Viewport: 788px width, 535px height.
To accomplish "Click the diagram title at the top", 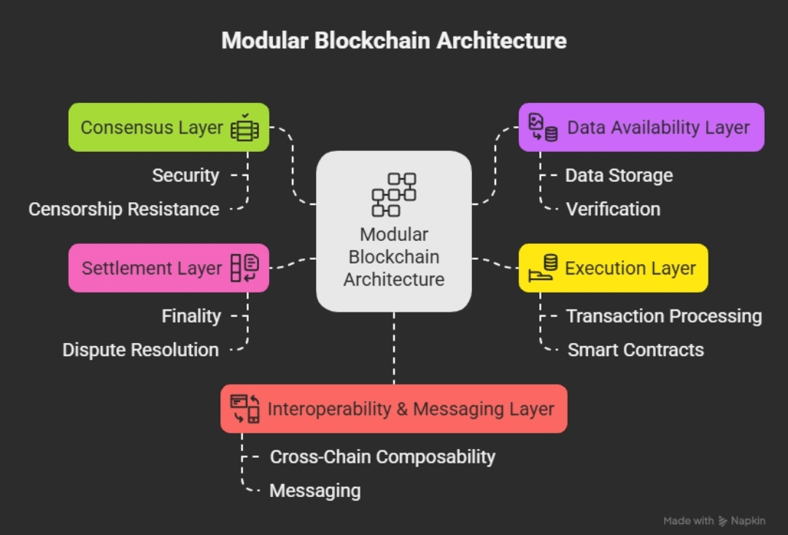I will click(x=394, y=40).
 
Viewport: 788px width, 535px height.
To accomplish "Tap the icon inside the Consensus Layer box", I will click(x=244, y=128).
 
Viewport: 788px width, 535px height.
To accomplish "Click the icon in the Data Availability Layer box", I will click(x=543, y=128).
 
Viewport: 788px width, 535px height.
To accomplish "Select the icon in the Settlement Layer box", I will click(x=244, y=268).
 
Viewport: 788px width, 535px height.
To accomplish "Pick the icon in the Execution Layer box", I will click(x=543, y=268).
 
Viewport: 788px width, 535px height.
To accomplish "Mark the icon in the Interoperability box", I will click(x=245, y=409).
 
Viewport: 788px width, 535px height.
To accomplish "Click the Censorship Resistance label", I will click(x=124, y=209).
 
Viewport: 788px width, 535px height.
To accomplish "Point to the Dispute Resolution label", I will click(x=141, y=350).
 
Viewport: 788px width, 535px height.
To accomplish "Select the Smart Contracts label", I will click(x=636, y=350).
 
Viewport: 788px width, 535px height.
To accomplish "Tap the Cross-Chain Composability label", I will click(x=382, y=457).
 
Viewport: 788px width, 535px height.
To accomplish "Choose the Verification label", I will click(x=613, y=209).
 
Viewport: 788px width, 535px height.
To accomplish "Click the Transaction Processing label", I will click(x=664, y=316).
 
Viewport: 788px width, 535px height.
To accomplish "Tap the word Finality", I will click(x=191, y=316).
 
